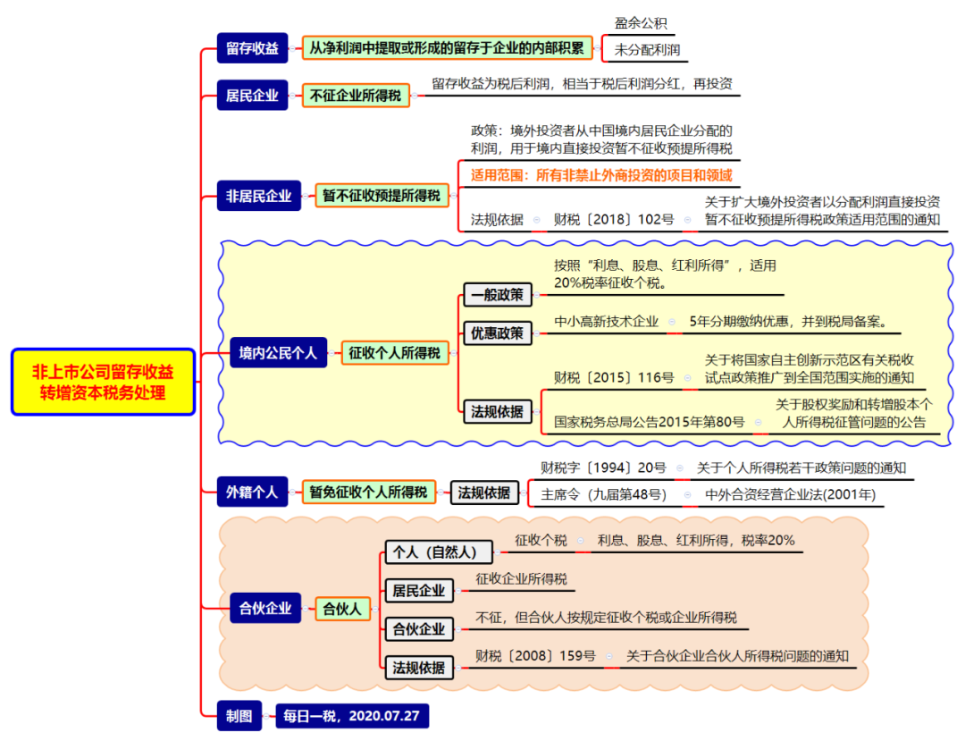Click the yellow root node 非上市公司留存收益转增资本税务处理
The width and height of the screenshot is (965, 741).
(x=103, y=383)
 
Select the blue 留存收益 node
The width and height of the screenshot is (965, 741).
(x=252, y=48)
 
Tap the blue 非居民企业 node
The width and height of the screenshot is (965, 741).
(x=258, y=196)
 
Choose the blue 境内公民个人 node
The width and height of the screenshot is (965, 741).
(x=278, y=353)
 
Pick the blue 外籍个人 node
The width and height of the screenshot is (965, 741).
(x=252, y=492)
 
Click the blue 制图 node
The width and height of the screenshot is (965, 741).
(x=239, y=716)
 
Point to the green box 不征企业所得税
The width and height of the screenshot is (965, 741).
(x=356, y=96)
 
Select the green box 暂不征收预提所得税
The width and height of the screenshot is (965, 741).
(x=382, y=196)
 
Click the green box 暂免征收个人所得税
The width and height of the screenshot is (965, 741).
(x=369, y=492)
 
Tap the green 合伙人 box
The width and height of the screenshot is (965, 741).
(x=342, y=609)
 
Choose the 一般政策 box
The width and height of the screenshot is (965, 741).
(x=498, y=295)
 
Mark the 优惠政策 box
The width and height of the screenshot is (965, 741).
(x=498, y=333)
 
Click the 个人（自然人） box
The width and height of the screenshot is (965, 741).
(x=439, y=552)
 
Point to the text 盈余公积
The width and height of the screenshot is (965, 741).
(x=641, y=23)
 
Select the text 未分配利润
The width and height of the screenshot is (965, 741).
(x=647, y=50)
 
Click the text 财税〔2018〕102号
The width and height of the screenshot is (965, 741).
(x=614, y=219)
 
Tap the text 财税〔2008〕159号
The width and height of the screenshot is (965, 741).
(x=535, y=655)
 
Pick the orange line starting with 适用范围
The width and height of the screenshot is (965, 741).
(x=601, y=175)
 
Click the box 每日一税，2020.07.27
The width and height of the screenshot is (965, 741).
(x=351, y=716)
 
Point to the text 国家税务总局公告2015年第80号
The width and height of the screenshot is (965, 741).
(x=650, y=422)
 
